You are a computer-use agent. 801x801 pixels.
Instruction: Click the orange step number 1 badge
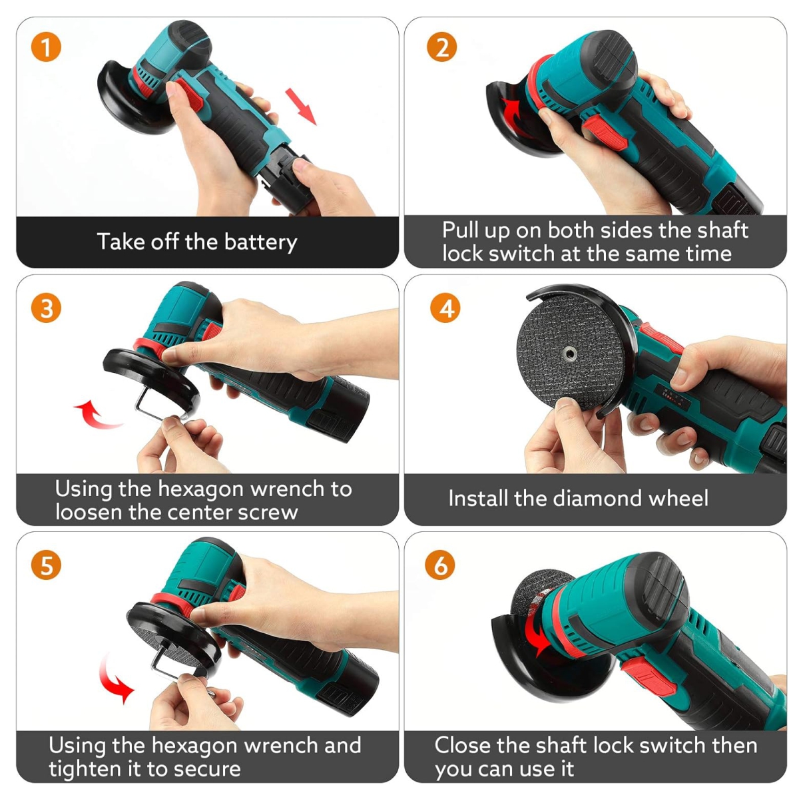click(x=46, y=47)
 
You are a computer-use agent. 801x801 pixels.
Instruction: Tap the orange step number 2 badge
click(x=441, y=47)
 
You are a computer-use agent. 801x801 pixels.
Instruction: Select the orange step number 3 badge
click(x=46, y=308)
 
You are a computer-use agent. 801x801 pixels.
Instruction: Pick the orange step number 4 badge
click(x=445, y=308)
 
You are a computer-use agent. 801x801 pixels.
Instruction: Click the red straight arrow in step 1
click(x=301, y=106)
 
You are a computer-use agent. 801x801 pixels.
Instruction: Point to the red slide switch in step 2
click(x=600, y=133)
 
